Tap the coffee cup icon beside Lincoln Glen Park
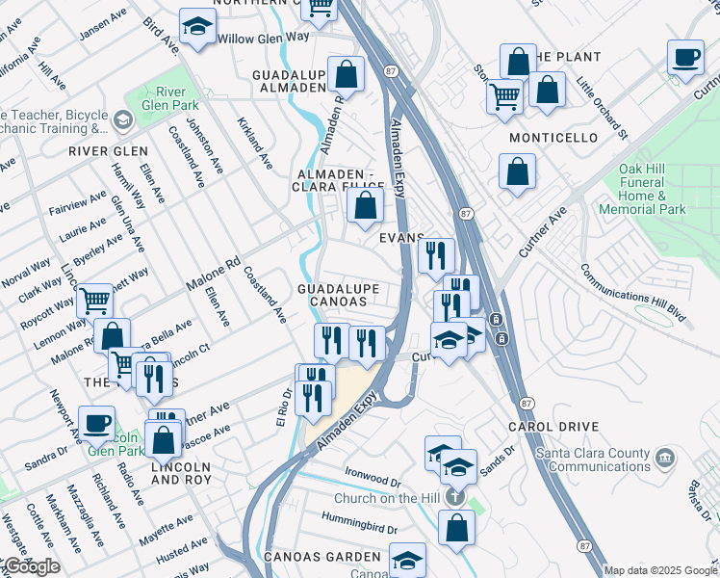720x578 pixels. coord(96,422)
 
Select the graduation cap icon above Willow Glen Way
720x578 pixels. coord(196,26)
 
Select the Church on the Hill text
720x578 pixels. coord(387,498)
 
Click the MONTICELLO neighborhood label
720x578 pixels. coord(553,139)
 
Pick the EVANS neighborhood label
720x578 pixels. coord(402,238)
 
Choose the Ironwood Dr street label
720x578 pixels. coord(373,479)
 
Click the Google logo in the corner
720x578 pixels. coord(31,566)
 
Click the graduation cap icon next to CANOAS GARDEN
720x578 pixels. coord(408,559)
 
